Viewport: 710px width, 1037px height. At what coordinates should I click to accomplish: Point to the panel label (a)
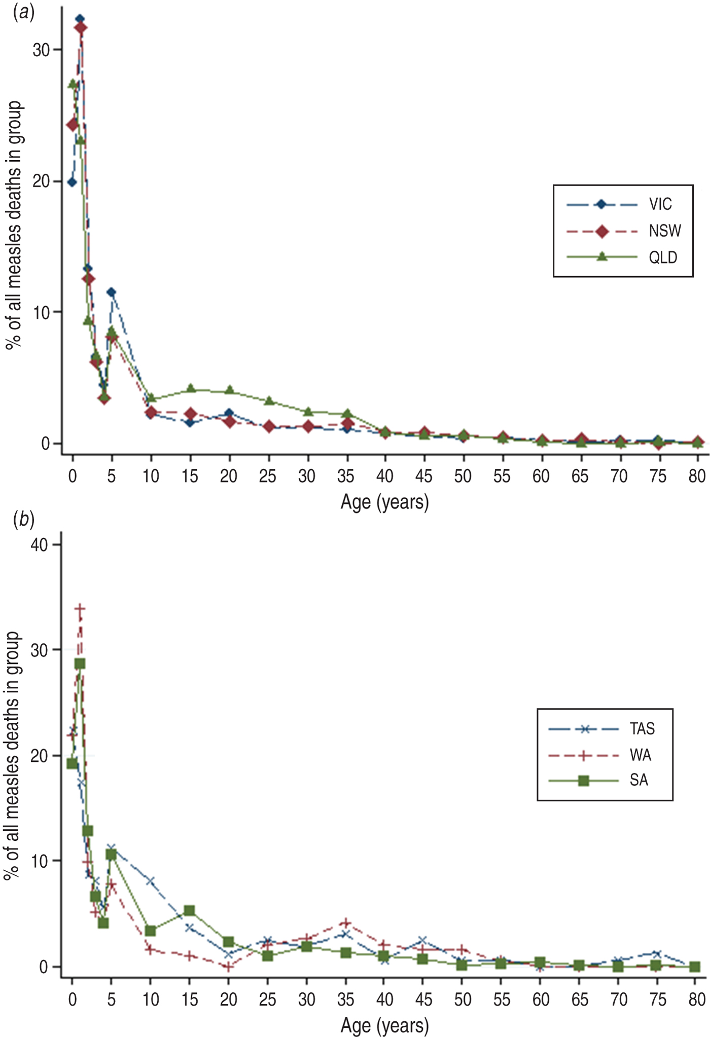click(x=23, y=13)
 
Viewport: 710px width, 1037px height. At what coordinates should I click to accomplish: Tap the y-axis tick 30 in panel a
click(x=41, y=50)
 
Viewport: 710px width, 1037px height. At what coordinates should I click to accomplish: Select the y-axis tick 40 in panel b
click(x=39, y=545)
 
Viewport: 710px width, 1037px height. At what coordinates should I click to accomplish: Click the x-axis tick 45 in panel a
click(x=423, y=476)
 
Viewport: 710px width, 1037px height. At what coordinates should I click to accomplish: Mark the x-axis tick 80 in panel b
click(x=697, y=999)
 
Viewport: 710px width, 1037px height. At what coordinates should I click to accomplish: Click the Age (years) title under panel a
click(x=384, y=502)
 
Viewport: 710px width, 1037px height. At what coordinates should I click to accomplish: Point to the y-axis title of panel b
click(x=12, y=755)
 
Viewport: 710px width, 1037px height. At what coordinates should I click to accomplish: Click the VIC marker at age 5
click(x=111, y=292)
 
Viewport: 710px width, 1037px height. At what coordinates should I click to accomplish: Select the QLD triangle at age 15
click(x=190, y=388)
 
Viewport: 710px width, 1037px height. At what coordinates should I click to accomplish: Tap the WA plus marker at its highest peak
click(x=80, y=608)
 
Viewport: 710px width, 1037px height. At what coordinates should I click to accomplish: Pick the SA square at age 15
click(x=189, y=911)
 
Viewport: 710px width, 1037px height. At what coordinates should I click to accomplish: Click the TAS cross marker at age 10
click(x=150, y=881)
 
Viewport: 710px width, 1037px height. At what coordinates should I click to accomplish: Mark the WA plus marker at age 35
click(x=345, y=922)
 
